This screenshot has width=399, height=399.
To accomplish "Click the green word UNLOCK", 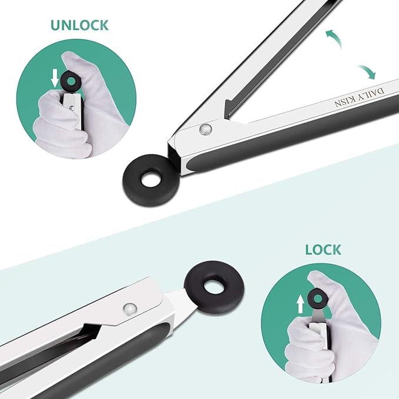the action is click(x=80, y=25).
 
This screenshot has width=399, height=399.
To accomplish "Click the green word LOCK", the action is click(x=323, y=250).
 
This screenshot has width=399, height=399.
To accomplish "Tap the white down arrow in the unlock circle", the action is click(x=55, y=79).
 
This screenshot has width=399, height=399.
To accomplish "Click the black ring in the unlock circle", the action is click(x=63, y=82).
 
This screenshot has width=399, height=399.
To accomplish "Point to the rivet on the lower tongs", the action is click(x=130, y=309).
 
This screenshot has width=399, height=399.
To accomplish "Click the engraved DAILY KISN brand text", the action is click(x=360, y=98).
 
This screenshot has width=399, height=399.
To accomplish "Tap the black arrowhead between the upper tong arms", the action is click(x=230, y=108).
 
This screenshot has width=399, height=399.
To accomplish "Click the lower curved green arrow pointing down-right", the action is click(x=368, y=71).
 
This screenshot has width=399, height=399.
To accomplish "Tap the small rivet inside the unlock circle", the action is click(x=72, y=108).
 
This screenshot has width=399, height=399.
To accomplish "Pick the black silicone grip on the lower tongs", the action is click(x=76, y=361).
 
